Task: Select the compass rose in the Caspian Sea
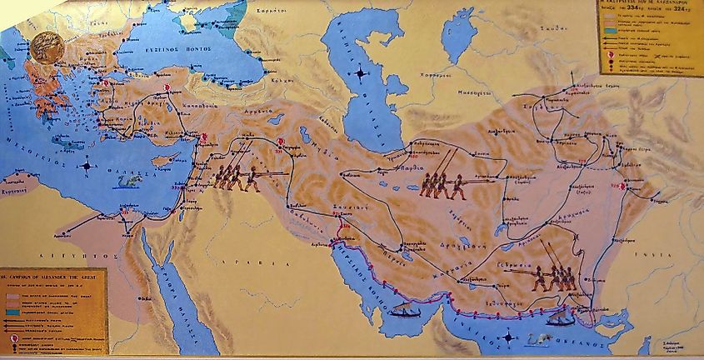point(360,74)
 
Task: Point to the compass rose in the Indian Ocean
point(508,337)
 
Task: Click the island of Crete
point(67,144)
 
